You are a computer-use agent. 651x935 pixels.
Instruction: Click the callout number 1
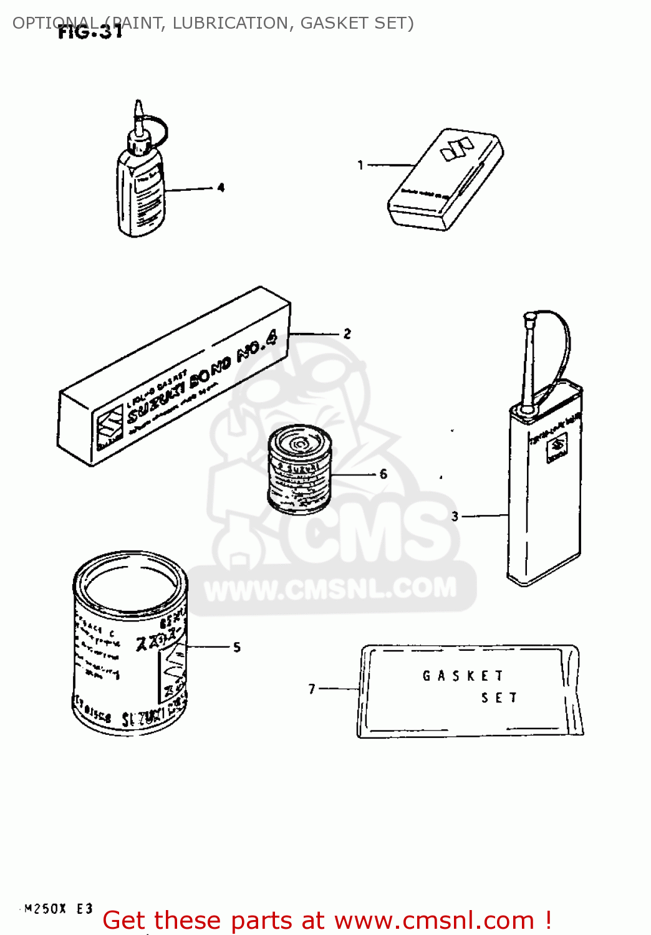[x=360, y=165]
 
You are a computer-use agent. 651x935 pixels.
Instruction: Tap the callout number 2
[x=347, y=334]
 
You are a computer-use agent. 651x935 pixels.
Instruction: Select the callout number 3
[x=455, y=516]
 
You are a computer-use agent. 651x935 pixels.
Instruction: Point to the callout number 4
[x=221, y=188]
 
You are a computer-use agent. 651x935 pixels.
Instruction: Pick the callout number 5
[x=237, y=648]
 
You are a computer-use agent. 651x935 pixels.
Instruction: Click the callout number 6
[x=383, y=474]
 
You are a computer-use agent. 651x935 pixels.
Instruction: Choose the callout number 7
[x=312, y=689]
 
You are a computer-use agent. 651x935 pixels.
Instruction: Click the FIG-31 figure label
[x=90, y=32]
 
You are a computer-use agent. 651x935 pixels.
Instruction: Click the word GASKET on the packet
[x=463, y=676]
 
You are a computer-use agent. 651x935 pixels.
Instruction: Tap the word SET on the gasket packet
[x=499, y=698]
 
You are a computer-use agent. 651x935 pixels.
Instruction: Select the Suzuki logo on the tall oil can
[x=556, y=447]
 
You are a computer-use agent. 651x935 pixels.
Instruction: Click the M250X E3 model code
[x=59, y=909]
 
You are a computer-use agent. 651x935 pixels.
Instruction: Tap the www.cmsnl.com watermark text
[x=330, y=588]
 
